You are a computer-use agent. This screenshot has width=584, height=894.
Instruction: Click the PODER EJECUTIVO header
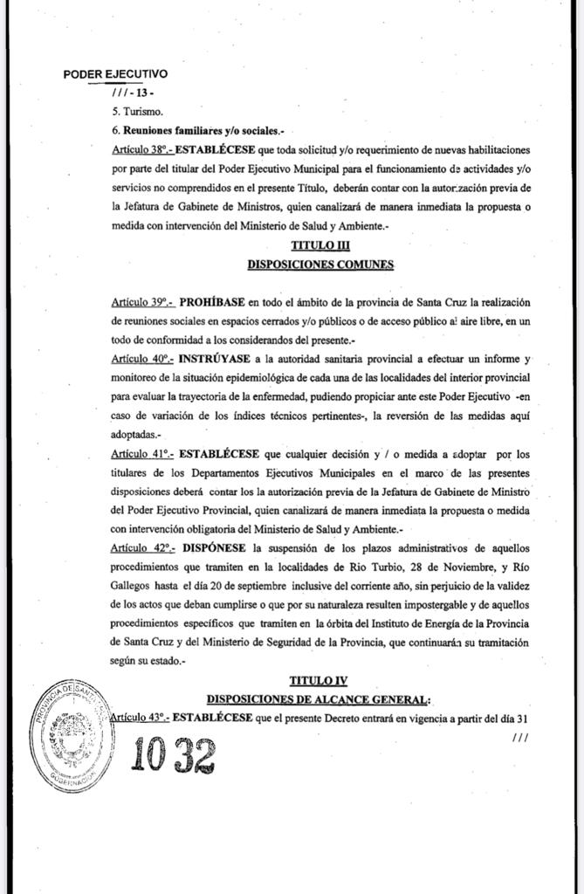pyautogui.click(x=115, y=75)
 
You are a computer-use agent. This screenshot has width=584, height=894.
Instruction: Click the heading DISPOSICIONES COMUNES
pyautogui.click(x=320, y=264)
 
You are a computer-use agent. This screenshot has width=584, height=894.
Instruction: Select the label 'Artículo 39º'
pyautogui.click(x=142, y=302)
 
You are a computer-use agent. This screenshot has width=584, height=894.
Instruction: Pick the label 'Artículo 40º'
pyautogui.click(x=142, y=359)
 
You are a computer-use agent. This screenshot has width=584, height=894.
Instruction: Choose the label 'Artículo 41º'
pyautogui.click(x=142, y=454)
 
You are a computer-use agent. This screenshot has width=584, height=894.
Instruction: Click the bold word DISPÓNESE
pyautogui.click(x=212, y=547)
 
